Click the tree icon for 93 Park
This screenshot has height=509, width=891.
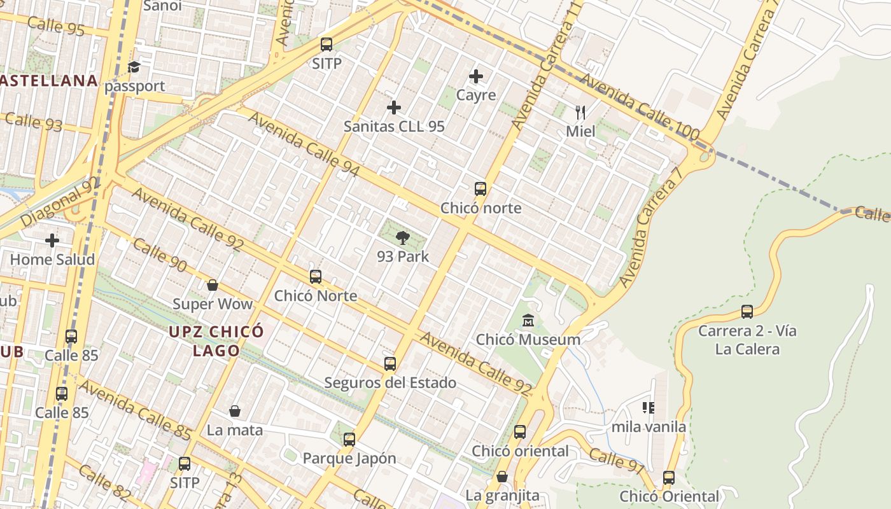pos(402,239)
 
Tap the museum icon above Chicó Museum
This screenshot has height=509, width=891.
pos(528,321)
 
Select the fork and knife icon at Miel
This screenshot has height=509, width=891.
pos(580,113)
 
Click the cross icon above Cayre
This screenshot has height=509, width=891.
pos(476,76)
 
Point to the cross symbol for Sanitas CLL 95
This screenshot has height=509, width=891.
pos(394,108)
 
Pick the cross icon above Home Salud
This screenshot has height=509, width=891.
pos(52,241)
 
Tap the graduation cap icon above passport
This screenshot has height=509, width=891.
pos(134,67)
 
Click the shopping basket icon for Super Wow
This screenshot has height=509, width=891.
pos(213,285)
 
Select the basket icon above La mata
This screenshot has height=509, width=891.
pos(235,411)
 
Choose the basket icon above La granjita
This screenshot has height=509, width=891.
pos(502,477)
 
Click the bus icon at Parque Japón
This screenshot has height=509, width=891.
pos(349,439)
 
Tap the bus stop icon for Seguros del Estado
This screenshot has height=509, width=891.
pos(390,364)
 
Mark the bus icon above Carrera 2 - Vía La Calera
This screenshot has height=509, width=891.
pos(747,312)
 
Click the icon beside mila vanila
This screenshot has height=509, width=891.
pos(649,407)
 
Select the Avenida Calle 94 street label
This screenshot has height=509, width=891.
pos(304,145)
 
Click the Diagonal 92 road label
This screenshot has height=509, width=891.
pos(60,202)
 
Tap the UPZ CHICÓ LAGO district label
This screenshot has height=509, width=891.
pos(216,341)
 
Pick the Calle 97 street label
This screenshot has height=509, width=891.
pos(617,461)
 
